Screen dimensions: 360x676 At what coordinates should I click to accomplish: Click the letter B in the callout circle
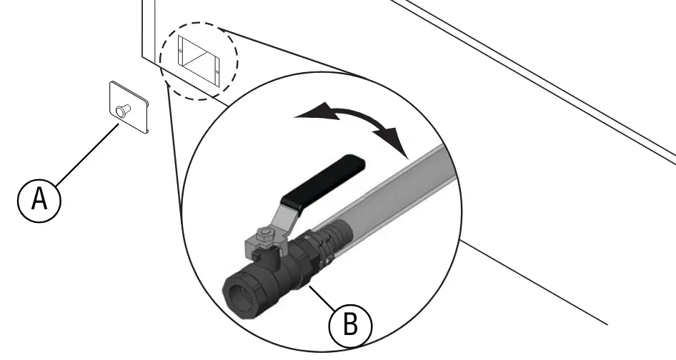coord(350,325)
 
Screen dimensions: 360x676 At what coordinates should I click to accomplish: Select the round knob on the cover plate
coord(121,110)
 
